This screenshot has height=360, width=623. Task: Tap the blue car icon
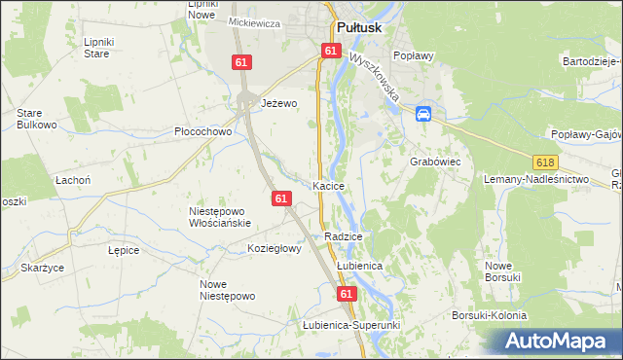click(423, 114)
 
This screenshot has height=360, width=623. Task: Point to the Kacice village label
click(330, 185)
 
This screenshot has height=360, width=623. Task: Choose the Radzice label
click(345, 236)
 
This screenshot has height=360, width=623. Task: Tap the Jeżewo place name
click(277, 103)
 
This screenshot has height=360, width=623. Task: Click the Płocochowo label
click(202, 131)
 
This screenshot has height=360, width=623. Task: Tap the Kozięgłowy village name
click(275, 248)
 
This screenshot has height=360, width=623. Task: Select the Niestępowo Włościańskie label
click(220, 216)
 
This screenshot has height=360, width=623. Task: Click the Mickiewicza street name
click(254, 22)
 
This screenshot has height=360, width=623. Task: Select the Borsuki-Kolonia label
click(489, 315)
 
